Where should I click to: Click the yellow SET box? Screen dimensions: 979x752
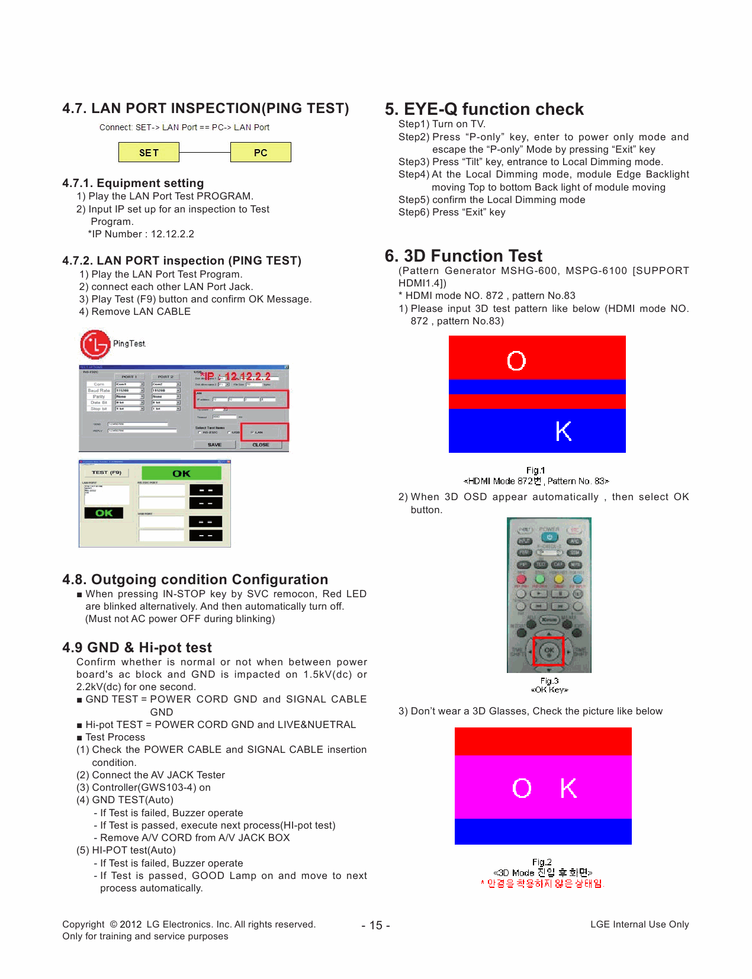click(149, 152)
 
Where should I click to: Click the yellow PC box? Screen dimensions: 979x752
click(261, 152)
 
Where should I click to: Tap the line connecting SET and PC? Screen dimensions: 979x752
click(204, 153)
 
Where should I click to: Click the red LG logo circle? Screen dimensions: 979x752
click(95, 344)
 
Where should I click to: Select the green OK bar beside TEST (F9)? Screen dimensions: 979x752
click(181, 473)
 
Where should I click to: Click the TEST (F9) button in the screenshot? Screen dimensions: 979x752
click(107, 472)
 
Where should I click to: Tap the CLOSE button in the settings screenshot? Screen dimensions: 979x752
click(261, 445)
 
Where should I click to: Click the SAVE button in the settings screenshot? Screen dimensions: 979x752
click(214, 445)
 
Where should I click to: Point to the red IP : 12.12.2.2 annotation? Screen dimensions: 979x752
click(236, 376)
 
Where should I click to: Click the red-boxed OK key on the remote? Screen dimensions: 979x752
click(549, 650)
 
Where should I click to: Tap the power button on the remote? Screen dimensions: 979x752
click(549, 537)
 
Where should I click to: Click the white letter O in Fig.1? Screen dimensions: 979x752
click(516, 360)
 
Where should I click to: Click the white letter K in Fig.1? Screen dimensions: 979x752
click(563, 431)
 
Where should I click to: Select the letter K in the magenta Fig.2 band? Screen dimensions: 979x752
click(568, 788)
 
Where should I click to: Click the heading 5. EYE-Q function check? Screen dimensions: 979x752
click(484, 109)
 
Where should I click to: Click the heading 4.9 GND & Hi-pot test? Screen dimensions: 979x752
click(137, 647)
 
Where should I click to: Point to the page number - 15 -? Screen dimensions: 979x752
click(375, 925)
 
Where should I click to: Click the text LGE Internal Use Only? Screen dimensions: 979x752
click(639, 924)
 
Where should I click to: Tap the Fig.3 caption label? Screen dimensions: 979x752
click(549, 681)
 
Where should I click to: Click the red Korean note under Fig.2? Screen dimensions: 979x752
click(542, 883)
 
